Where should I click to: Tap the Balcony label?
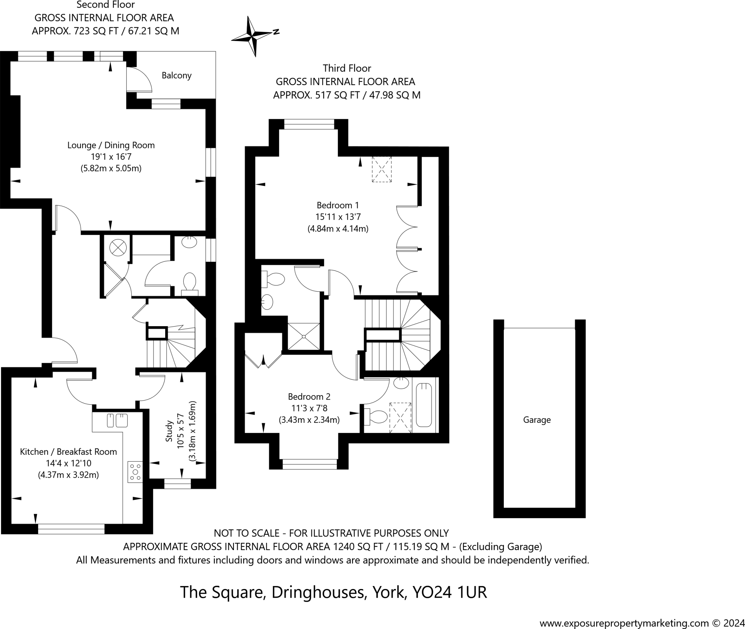(176, 76)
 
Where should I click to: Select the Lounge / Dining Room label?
(111, 145)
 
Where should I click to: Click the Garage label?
(537, 420)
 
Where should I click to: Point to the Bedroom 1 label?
(338, 205)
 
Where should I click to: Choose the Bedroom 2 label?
(309, 397)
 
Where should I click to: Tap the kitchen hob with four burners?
(135, 472)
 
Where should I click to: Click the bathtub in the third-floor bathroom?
(423, 405)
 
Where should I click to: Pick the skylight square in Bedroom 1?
(382, 169)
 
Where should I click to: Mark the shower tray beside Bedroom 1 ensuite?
(304, 336)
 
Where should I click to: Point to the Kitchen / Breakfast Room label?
(68, 452)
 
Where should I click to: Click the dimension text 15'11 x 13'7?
(338, 217)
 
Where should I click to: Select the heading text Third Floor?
(347, 68)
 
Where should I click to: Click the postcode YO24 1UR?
(449, 592)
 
